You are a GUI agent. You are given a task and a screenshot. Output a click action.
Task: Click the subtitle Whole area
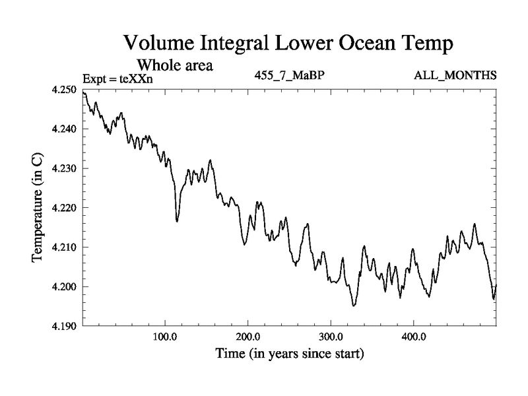[x=175, y=65]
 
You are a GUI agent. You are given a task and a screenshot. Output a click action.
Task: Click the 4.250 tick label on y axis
[x=64, y=90]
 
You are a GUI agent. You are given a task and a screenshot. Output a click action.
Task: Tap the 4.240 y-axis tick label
[x=64, y=129]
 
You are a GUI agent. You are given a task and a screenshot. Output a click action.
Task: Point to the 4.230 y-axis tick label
[x=64, y=168]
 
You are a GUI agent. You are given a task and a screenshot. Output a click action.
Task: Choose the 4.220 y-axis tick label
[x=64, y=208]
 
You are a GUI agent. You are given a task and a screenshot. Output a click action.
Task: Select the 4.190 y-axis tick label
[x=64, y=326]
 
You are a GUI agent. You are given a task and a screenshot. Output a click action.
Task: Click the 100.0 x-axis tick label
[x=165, y=337]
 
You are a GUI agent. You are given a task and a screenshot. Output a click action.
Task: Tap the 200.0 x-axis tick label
[x=248, y=337]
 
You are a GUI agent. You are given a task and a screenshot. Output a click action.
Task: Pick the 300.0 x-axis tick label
[x=331, y=337]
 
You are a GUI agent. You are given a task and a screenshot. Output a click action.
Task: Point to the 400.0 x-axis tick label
[x=414, y=337]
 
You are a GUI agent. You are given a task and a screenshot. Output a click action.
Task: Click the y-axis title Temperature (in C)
[x=38, y=208]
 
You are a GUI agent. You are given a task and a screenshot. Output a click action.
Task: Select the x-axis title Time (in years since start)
[x=290, y=354]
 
